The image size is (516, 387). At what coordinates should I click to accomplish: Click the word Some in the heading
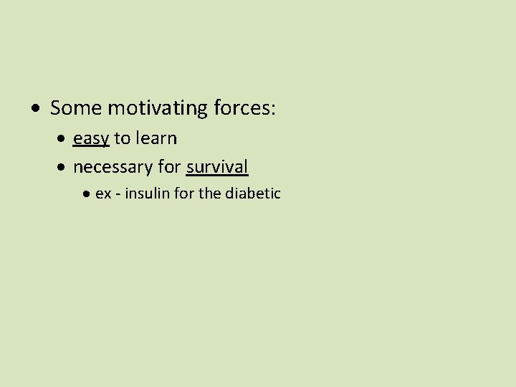click(76, 108)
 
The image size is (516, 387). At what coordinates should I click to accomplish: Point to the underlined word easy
click(91, 138)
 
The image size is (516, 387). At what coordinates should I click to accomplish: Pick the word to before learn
click(122, 138)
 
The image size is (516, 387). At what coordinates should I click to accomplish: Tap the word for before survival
click(169, 167)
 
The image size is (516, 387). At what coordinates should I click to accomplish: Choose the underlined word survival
click(217, 167)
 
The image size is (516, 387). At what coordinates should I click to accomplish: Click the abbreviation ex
click(103, 193)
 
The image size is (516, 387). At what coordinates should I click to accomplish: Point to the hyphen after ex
click(118, 194)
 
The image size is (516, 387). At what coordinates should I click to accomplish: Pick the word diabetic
click(253, 193)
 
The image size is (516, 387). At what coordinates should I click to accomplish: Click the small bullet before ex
click(87, 194)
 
